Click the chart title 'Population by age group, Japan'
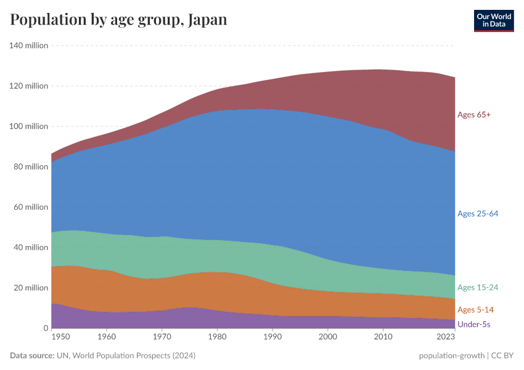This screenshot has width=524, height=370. (x=118, y=20)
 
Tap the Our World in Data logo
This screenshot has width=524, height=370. (x=494, y=20)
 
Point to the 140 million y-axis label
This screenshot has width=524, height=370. (x=28, y=46)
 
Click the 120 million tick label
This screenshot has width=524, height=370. (x=28, y=86)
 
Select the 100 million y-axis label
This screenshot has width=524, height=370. (x=28, y=126)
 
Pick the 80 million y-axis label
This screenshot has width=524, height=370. (x=30, y=166)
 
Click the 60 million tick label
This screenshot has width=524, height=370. (x=30, y=207)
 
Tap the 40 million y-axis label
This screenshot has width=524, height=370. (x=30, y=247)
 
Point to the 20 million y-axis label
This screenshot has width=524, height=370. (x=30, y=288)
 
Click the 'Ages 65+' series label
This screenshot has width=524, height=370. (x=473, y=115)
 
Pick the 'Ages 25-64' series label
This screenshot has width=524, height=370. (x=478, y=214)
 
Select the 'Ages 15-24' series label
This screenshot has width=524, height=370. (x=478, y=288)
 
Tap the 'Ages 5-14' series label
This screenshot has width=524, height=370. (x=475, y=310)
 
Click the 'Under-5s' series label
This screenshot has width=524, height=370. (x=473, y=324)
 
